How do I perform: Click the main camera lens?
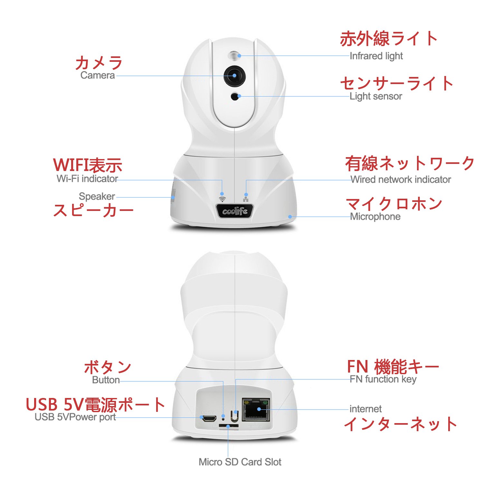tap(234, 76)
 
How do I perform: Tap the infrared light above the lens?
tap(235, 55)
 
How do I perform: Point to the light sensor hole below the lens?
tap(236, 96)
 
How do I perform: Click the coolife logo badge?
tap(235, 211)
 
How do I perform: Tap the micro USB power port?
tap(209, 418)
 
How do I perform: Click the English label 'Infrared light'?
tap(376, 56)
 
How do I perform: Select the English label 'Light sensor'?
tap(376, 96)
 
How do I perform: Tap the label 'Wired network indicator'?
tap(401, 179)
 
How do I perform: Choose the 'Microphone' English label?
tap(375, 217)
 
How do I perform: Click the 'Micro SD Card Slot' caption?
tap(240, 462)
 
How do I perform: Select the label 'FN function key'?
tap(383, 379)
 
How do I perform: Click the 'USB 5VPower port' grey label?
tap(75, 417)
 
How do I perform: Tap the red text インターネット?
tap(401, 424)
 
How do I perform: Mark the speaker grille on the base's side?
tap(173, 195)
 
